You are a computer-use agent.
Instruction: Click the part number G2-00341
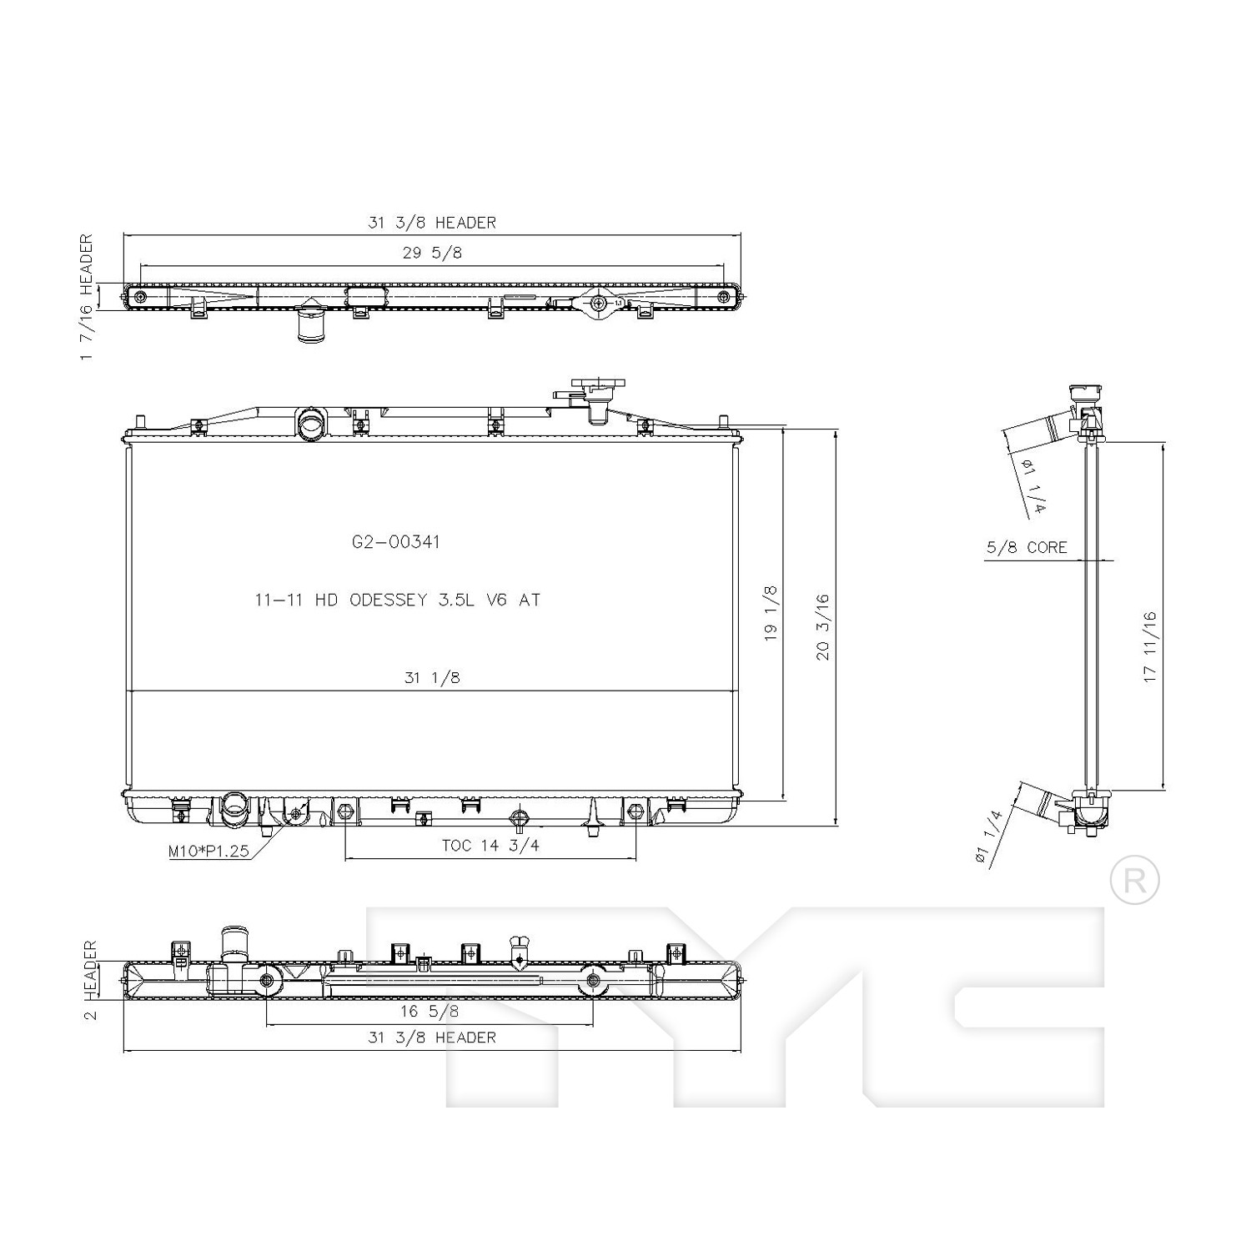tap(395, 542)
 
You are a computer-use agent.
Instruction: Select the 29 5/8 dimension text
tap(432, 253)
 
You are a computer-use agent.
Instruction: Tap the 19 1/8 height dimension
tap(770, 613)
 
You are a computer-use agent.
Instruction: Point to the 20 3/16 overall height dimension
tap(823, 626)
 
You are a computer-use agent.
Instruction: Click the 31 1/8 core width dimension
tap(432, 678)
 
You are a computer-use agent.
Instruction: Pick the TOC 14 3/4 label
tap(490, 846)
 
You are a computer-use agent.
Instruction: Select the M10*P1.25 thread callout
tap(208, 852)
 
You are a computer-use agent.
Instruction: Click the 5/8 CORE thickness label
tap(1027, 547)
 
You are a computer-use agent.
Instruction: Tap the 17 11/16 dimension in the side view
tap(1151, 647)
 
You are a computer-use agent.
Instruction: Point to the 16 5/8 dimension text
tap(430, 1011)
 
